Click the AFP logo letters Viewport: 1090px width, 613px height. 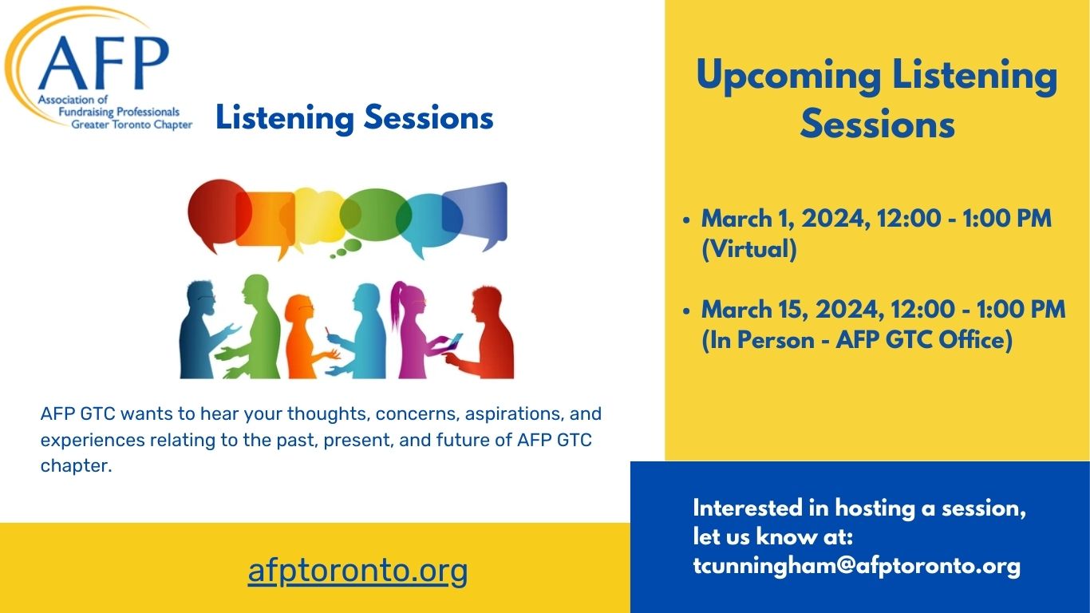[x=102, y=63]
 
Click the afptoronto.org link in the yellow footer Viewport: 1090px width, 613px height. [x=357, y=571]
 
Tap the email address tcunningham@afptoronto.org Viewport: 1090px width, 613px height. [x=856, y=566]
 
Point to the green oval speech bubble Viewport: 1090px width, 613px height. [x=373, y=213]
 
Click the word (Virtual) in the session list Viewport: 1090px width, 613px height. [x=748, y=249]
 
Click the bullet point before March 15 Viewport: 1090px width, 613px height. [x=687, y=310]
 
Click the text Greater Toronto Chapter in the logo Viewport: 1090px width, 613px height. [x=132, y=125]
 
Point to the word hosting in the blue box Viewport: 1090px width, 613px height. [x=876, y=508]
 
